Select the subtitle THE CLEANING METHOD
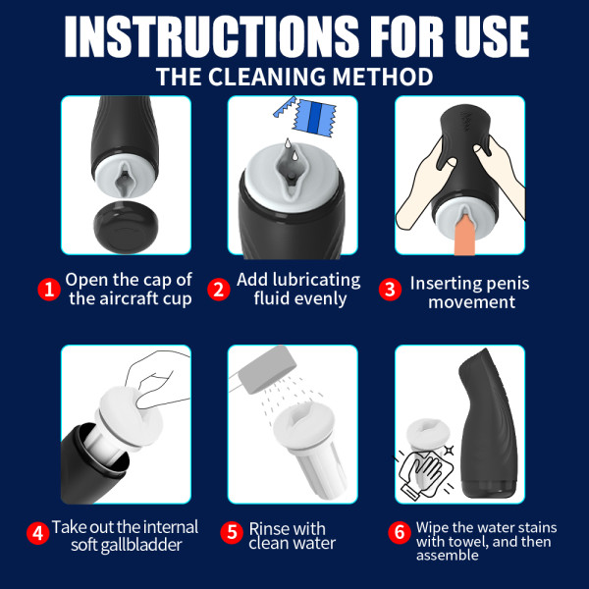[x=294, y=77]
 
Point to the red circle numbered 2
[x=218, y=290]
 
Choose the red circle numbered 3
[x=391, y=290]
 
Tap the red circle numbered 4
[x=37, y=534]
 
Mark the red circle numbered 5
[x=234, y=534]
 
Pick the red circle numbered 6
[x=399, y=534]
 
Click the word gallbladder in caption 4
[x=142, y=544]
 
